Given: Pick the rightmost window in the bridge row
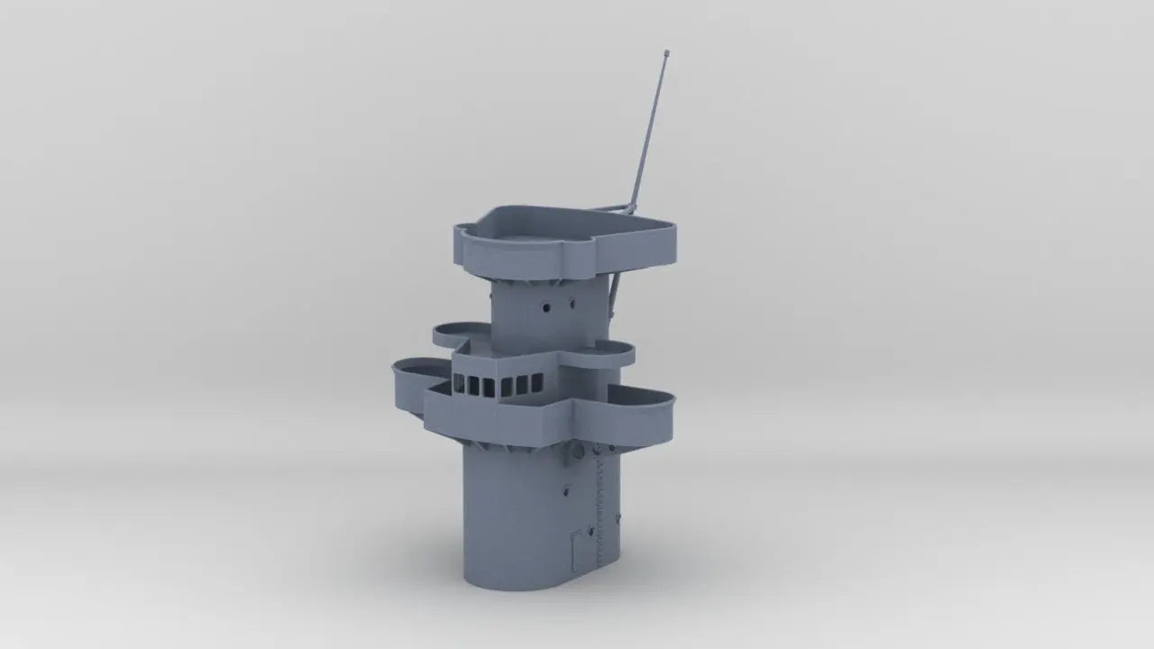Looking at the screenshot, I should coord(534,386).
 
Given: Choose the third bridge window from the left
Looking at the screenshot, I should coord(490,387).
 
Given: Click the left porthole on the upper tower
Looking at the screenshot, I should coord(546,307).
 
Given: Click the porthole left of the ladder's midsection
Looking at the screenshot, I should coord(566,491).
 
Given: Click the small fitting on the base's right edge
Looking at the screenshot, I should coord(619,516).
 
